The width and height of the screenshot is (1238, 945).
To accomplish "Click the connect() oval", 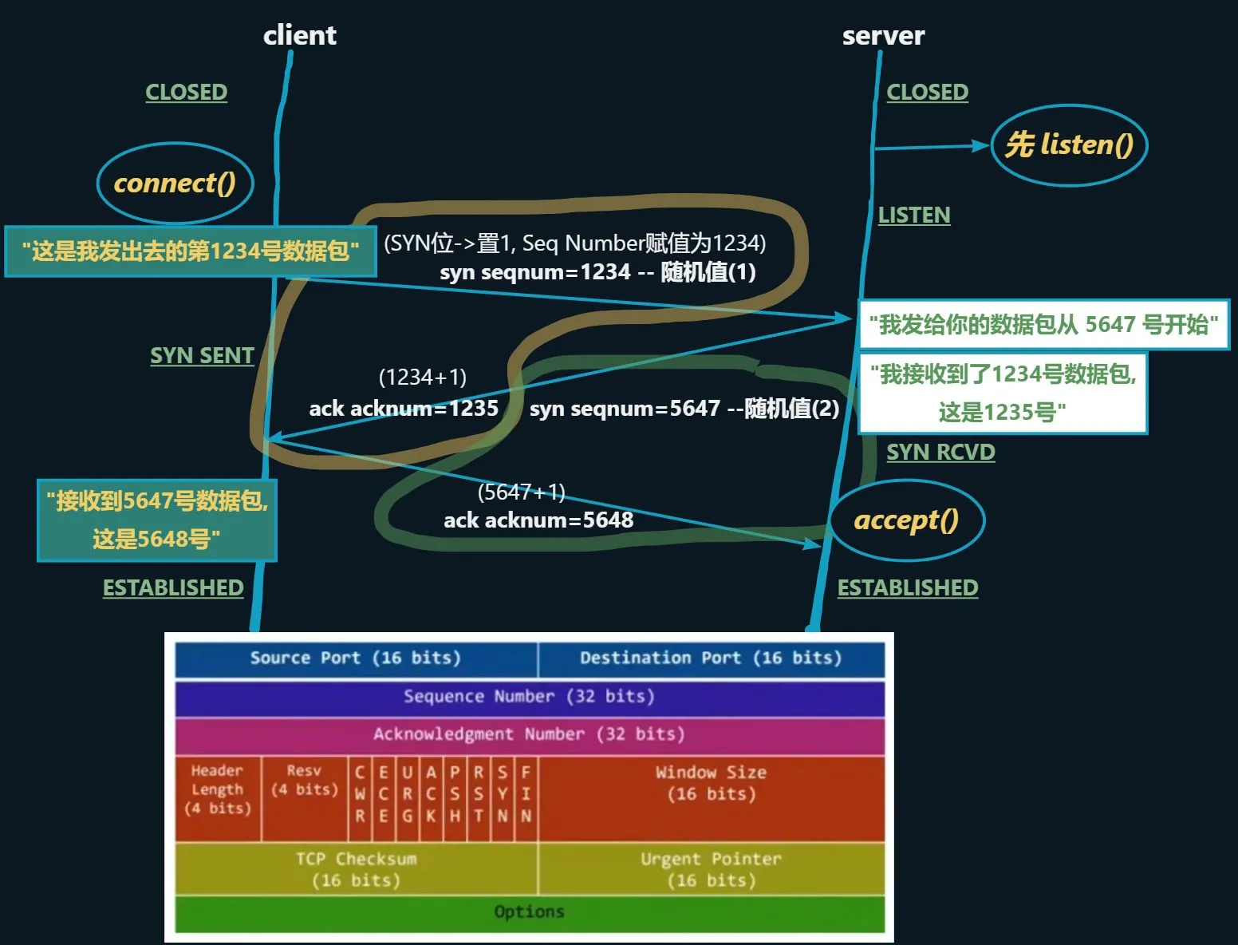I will click(x=175, y=184).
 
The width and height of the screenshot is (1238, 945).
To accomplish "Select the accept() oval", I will click(x=907, y=520).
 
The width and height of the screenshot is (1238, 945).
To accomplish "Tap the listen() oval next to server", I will click(x=1069, y=145).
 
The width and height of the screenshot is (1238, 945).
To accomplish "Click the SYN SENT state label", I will click(x=202, y=356).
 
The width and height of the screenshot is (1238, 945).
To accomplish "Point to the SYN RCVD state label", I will click(x=940, y=453).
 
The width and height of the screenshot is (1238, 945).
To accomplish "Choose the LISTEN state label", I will click(x=913, y=215).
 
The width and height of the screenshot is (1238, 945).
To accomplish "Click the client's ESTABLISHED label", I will click(x=173, y=588).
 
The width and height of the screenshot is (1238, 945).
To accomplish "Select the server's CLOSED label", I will click(x=927, y=93).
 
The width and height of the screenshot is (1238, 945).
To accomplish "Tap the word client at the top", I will click(x=300, y=36).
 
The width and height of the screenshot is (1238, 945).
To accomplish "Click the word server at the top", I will click(x=883, y=36).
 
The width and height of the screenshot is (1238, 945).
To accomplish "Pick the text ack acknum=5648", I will click(x=538, y=520).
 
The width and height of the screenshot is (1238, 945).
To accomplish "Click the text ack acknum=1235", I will click(x=404, y=409).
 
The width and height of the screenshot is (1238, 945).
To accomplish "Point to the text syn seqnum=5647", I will click(x=625, y=409).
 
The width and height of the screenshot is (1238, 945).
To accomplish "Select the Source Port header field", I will click(x=356, y=658).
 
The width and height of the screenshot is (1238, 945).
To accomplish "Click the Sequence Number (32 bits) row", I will click(x=529, y=697).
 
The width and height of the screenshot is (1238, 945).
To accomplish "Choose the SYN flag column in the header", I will click(x=503, y=794).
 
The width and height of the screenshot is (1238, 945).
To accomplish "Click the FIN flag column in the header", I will click(x=526, y=794).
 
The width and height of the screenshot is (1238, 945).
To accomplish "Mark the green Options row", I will click(x=529, y=912).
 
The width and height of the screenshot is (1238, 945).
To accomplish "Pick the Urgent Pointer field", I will click(x=711, y=869).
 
